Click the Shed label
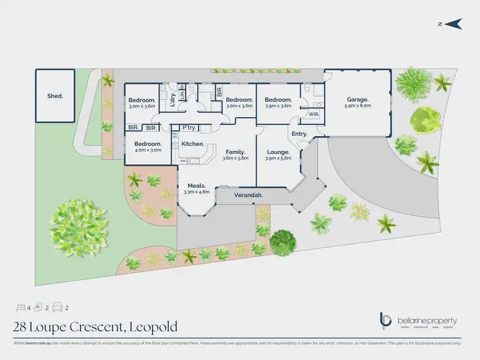[x=55, y=96]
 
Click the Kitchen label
[x=192, y=145]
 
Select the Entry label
[x=299, y=134]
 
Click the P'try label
[x=189, y=127]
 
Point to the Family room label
[x=234, y=152]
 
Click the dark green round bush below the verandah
[x=282, y=242]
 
